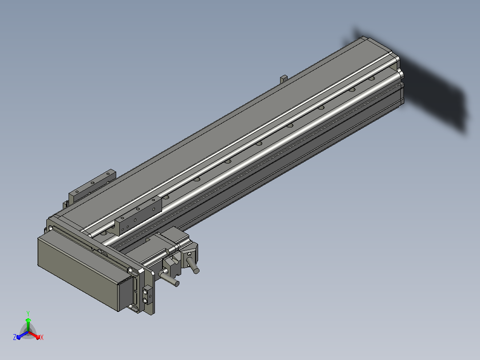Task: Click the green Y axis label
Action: pyautogui.click(x=28, y=313)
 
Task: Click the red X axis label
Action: pyautogui.click(x=42, y=337)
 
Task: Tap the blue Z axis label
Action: pyautogui.click(x=15, y=337)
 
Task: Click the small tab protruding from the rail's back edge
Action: pyautogui.click(x=284, y=79)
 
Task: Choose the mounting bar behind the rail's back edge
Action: pyautogui.click(x=92, y=185)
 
